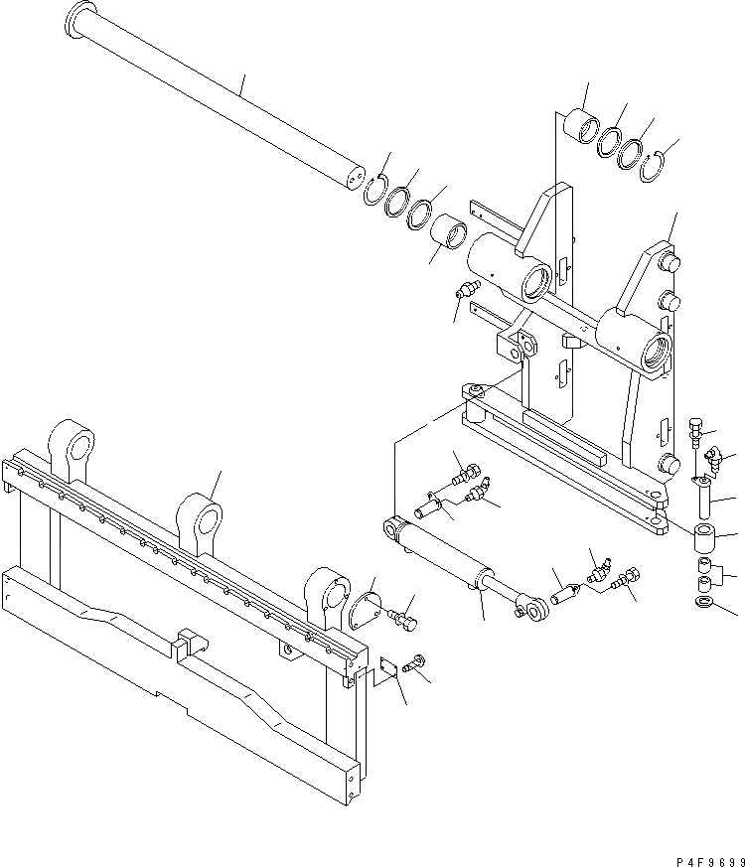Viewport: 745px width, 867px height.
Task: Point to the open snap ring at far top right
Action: (657, 167)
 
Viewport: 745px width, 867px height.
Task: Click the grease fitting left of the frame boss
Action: (463, 292)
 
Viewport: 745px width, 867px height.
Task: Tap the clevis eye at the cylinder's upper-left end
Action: (395, 529)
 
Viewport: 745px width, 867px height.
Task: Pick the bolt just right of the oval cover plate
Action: (405, 623)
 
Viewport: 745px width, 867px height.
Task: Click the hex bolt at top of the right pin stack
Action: (695, 431)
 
